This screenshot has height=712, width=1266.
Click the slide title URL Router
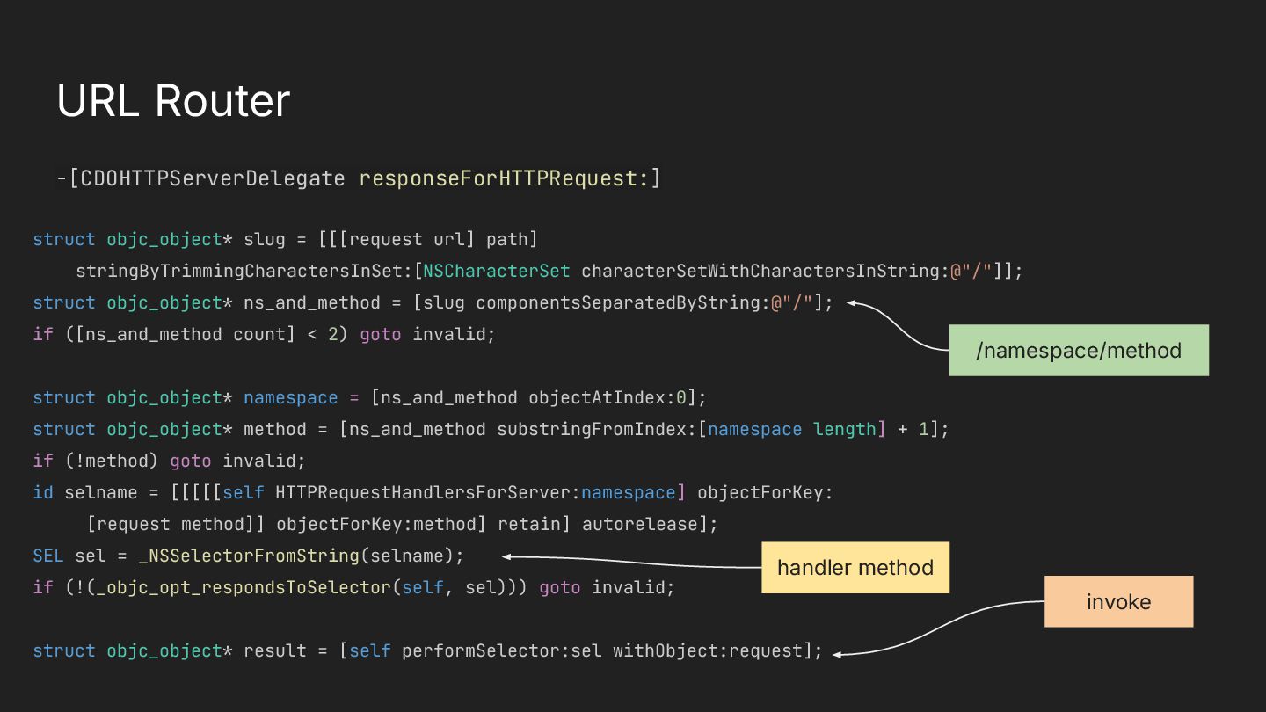click(173, 101)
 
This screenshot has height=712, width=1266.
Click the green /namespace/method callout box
click(1079, 351)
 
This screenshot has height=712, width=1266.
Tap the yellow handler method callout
click(855, 568)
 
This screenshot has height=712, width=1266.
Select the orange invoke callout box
click(1118, 602)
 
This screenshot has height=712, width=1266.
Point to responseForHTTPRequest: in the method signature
click(504, 179)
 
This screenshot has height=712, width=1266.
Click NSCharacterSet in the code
click(497, 271)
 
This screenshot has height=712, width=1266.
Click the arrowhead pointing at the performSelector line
click(837, 653)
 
